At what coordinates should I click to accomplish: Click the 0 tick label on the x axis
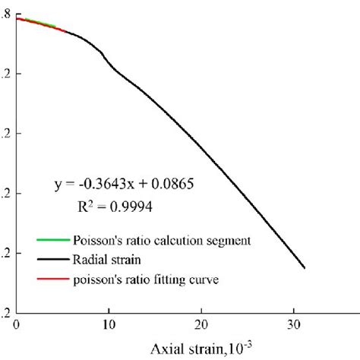(17, 323)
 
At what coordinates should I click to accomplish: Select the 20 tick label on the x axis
(201, 323)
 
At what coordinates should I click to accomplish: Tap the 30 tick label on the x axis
(294, 323)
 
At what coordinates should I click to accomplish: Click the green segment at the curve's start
(38, 23)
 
